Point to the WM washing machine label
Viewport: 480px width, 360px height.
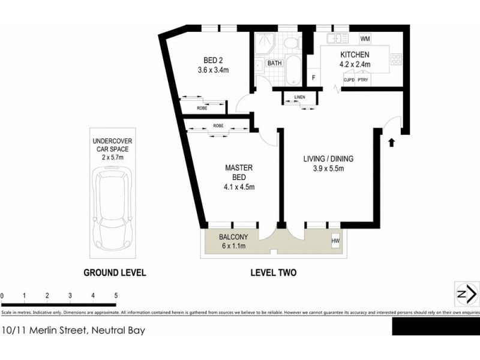coord(365,39)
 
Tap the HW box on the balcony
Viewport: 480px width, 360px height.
coord(335,241)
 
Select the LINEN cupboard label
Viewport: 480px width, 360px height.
coord(300,97)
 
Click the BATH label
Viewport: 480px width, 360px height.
coord(274,63)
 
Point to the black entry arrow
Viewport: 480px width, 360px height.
coord(391,142)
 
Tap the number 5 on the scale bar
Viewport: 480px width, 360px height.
coord(116,296)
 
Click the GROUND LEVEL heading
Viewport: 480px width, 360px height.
coord(114,272)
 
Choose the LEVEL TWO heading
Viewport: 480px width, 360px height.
coord(273,272)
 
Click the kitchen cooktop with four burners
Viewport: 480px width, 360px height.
coord(396,58)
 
